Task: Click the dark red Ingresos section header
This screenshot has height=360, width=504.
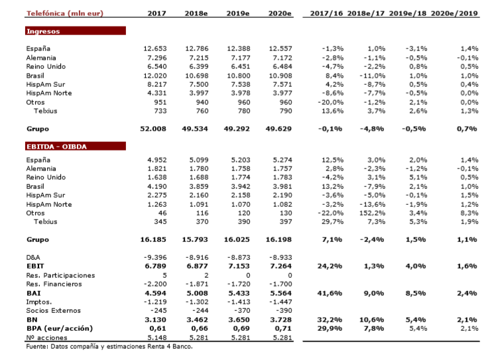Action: [x=75, y=31]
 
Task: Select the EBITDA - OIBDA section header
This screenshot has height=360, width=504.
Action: [x=75, y=147]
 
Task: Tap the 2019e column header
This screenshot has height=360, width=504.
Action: [x=238, y=13]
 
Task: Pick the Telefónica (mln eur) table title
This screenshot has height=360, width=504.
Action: [x=65, y=13]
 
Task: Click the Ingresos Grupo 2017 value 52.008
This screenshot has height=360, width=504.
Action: [x=153, y=129]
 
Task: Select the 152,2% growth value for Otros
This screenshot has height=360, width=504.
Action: [x=373, y=213]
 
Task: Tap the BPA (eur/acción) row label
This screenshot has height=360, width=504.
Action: [x=58, y=328]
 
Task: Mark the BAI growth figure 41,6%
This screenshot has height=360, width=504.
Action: [x=330, y=292]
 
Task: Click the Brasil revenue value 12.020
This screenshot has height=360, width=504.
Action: [x=156, y=76]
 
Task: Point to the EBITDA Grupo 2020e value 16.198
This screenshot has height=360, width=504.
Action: [x=278, y=239]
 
